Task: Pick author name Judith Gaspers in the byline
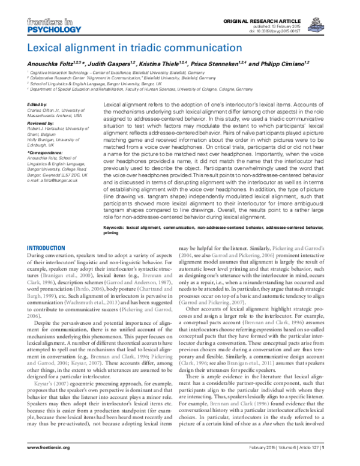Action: point(110,64)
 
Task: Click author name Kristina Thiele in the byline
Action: point(164,64)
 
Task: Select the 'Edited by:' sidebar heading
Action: point(38,104)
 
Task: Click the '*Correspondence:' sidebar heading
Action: point(46,153)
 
